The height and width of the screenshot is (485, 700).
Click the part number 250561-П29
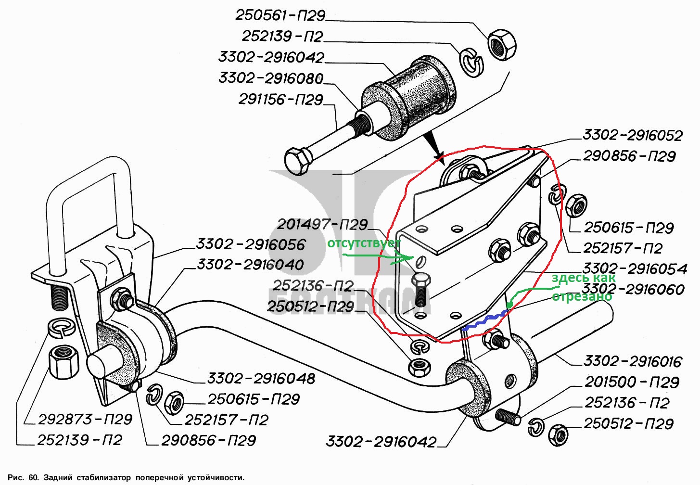coord(280,15)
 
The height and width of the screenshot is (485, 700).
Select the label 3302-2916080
coord(271,78)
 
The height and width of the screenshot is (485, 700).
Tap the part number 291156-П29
coord(281,100)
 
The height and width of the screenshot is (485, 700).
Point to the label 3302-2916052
coord(632,135)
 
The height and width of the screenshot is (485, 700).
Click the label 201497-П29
coord(322,224)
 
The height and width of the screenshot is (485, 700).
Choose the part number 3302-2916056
coord(250,244)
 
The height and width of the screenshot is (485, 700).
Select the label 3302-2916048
coord(261,379)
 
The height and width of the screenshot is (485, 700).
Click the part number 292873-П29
coord(85,420)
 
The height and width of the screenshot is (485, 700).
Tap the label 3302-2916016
coord(633,361)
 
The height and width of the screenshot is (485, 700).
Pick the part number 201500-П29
coord(632,382)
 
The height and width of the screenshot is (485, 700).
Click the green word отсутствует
coord(363,243)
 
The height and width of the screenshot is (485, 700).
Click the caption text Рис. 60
coord(23,478)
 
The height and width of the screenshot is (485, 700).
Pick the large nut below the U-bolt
coord(64,361)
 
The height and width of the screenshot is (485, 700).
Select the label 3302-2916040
coord(250,265)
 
